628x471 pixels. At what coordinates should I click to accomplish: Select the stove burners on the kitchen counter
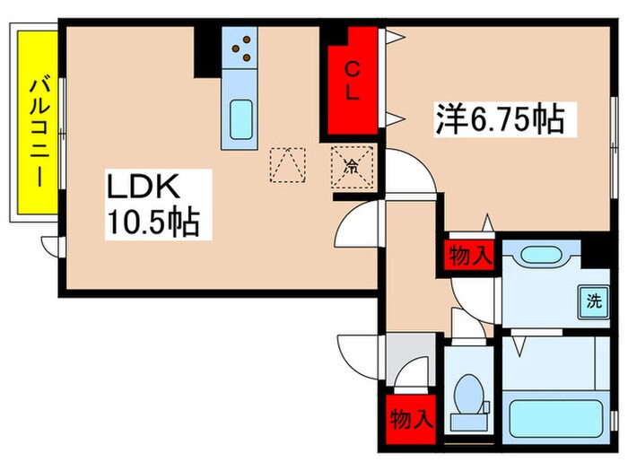point(241,48)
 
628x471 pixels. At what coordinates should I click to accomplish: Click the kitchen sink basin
point(241,119)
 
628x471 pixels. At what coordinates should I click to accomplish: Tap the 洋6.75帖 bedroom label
point(502,118)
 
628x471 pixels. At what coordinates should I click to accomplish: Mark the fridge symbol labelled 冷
point(348,166)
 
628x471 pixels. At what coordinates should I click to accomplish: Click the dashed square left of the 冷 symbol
point(288,165)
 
